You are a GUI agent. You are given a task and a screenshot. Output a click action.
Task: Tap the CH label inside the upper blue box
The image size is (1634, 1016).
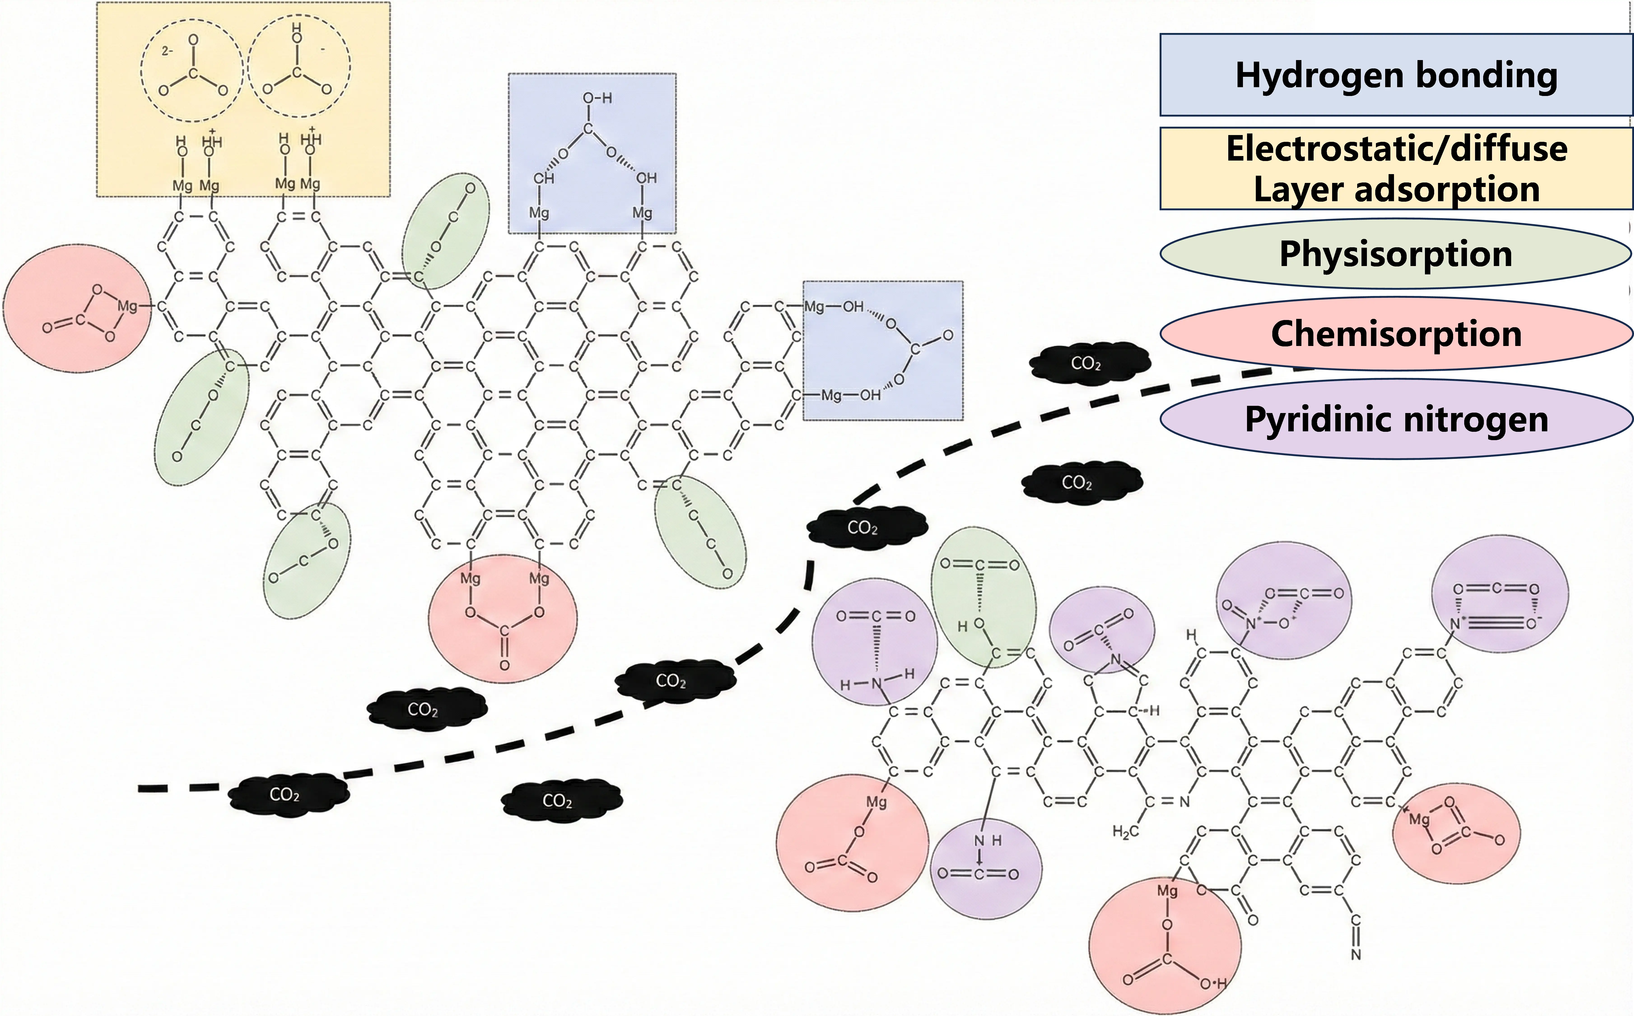[543, 178]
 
